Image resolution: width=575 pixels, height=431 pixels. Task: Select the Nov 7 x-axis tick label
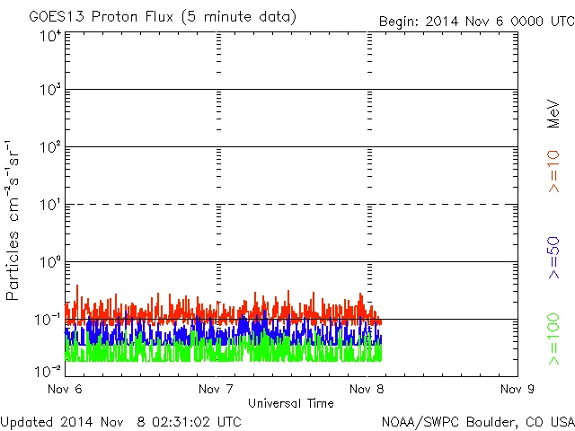click(215, 390)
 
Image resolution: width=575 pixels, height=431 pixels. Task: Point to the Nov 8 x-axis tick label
click(367, 390)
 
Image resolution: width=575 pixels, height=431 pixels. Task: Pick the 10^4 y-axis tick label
click(49, 37)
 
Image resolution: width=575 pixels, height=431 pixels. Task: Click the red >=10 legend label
click(553, 172)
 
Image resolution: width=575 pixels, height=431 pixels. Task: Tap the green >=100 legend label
click(553, 339)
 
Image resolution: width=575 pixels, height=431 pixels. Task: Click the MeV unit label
click(553, 113)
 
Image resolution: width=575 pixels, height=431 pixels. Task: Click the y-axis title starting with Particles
click(15, 220)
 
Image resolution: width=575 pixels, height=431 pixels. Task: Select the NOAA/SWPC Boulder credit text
click(477, 420)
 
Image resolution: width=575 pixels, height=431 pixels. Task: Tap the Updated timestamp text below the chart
click(120, 420)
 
